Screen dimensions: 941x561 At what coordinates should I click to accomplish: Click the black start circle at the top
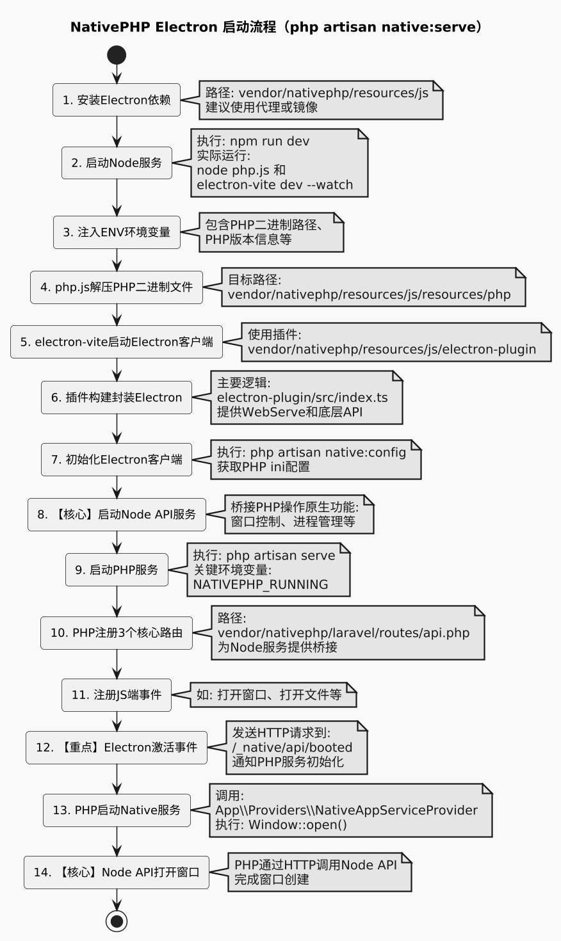[117, 55]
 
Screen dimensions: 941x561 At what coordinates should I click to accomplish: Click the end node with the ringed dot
[117, 921]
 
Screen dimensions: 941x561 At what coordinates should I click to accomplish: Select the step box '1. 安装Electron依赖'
[117, 100]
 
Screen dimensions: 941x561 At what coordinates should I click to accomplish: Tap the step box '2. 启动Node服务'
[117, 163]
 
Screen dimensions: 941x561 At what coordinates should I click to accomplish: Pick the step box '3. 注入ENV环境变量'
[117, 232]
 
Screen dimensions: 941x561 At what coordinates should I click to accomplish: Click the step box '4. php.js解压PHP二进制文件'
[117, 287]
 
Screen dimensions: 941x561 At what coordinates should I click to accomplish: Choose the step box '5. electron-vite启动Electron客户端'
[117, 342]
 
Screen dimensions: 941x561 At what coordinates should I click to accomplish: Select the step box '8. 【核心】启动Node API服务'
[117, 515]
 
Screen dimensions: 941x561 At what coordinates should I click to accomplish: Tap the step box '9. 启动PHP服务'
[117, 570]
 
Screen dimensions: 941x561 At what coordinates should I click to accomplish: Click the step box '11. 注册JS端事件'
[117, 695]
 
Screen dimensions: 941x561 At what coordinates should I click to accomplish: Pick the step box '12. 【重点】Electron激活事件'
[117, 748]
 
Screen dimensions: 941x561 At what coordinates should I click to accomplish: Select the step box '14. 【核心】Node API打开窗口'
[117, 873]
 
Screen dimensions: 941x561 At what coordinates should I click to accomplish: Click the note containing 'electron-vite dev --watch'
[279, 163]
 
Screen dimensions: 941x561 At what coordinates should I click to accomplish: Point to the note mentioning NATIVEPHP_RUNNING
[269, 570]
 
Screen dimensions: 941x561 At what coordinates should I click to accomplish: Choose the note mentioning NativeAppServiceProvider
[350, 810]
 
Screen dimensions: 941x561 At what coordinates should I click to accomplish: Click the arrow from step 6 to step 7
[117, 428]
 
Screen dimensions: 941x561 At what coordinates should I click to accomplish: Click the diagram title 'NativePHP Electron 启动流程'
[276, 27]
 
